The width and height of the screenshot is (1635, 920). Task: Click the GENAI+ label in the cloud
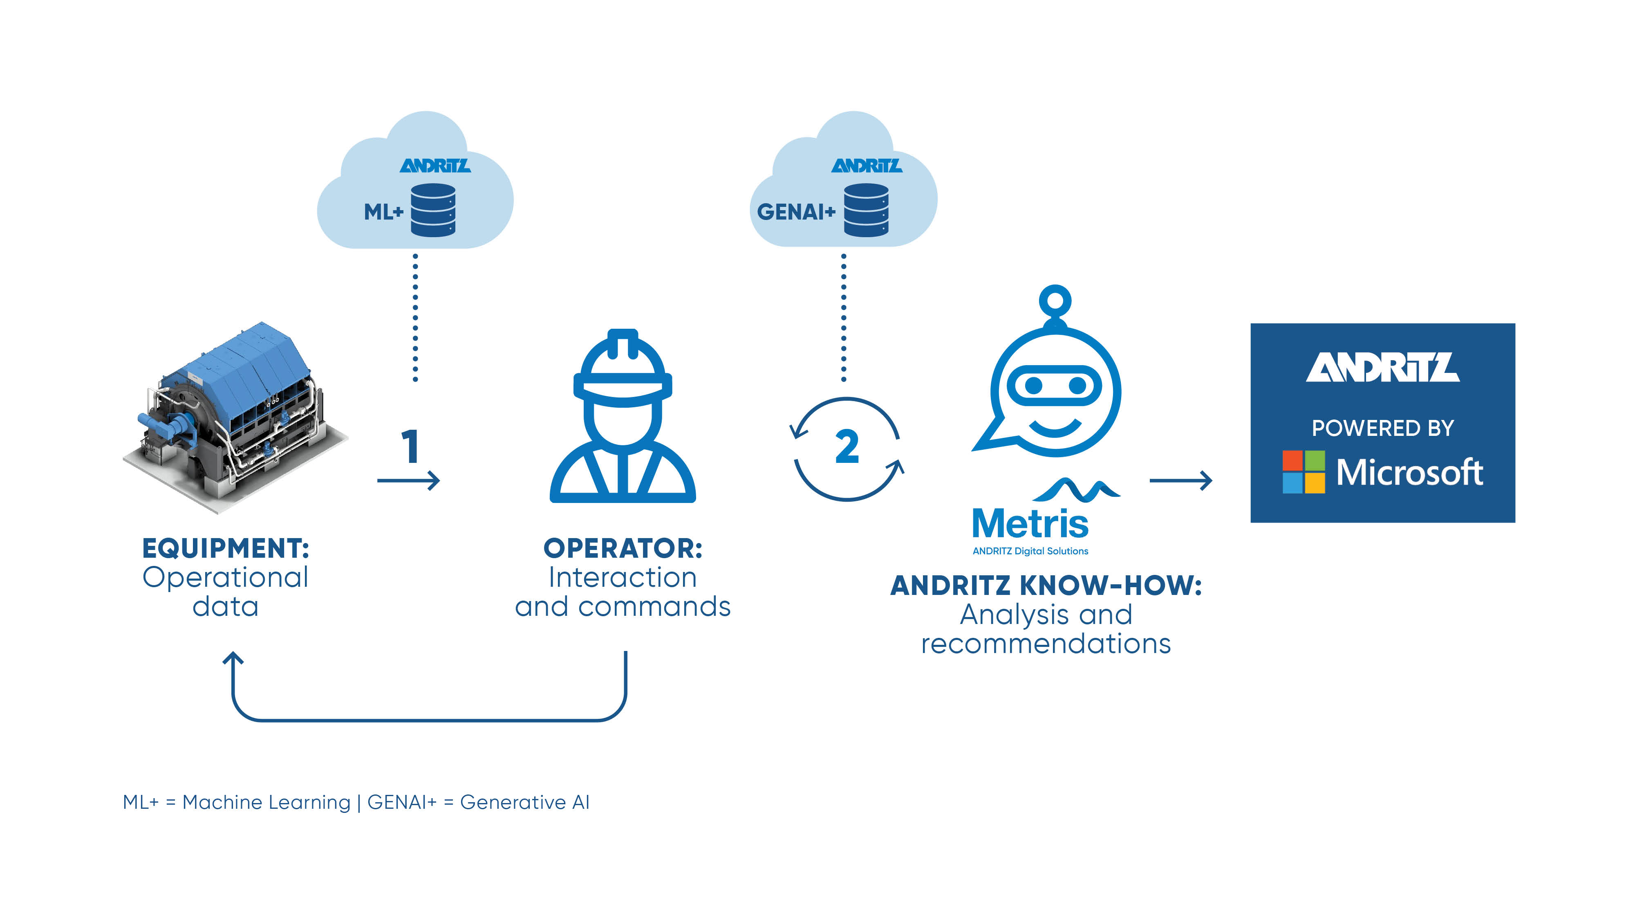[x=796, y=211]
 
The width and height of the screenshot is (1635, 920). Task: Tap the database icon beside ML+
[x=433, y=210]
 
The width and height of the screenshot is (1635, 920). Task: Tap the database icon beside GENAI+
[x=866, y=210]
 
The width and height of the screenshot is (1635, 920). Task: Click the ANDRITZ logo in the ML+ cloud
[x=435, y=166]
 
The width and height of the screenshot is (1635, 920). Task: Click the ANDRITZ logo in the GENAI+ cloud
[x=867, y=166]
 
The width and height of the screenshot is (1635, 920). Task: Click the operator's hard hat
[x=623, y=368]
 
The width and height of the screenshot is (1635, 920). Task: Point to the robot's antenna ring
[x=1055, y=300]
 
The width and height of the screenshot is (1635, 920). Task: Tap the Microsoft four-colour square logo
[x=1303, y=472]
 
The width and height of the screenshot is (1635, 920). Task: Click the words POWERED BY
[x=1382, y=428]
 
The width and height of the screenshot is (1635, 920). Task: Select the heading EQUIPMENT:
[x=225, y=548]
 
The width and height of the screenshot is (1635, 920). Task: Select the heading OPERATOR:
[x=623, y=548]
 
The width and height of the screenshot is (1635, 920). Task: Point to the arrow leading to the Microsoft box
[x=1180, y=480]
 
